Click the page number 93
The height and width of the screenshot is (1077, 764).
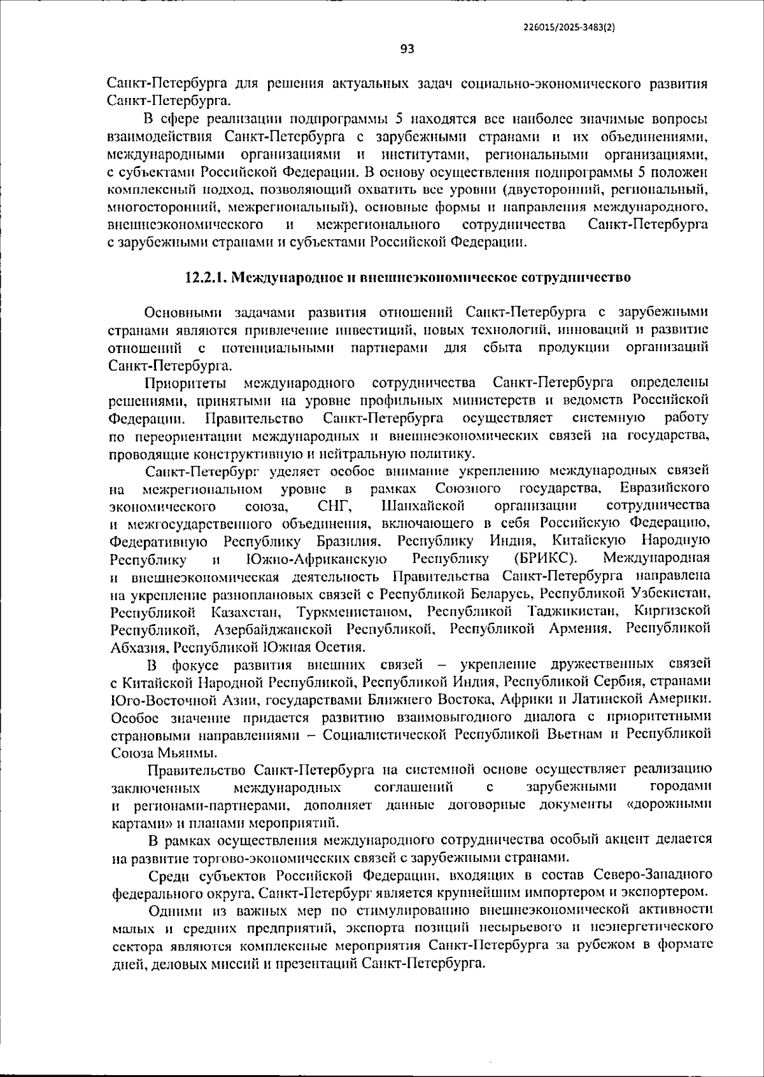pyautogui.click(x=407, y=49)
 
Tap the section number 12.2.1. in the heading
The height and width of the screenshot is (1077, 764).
pyautogui.click(x=206, y=278)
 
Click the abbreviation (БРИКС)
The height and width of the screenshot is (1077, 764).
pyautogui.click(x=545, y=559)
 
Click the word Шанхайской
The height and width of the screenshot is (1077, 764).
pyautogui.click(x=423, y=506)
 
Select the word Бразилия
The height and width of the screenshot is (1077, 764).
pyautogui.click(x=349, y=541)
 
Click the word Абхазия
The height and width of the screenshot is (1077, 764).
pyautogui.click(x=138, y=647)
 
